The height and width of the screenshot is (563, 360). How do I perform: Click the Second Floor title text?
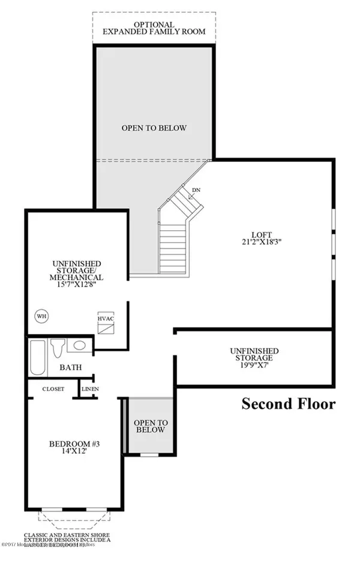pyautogui.click(x=288, y=404)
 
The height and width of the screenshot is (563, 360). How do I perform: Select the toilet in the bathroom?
pyautogui.click(x=58, y=347)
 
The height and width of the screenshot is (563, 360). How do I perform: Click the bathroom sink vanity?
pyautogui.click(x=79, y=346)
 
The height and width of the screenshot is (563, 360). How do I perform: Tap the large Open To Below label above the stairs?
pyautogui.click(x=154, y=128)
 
